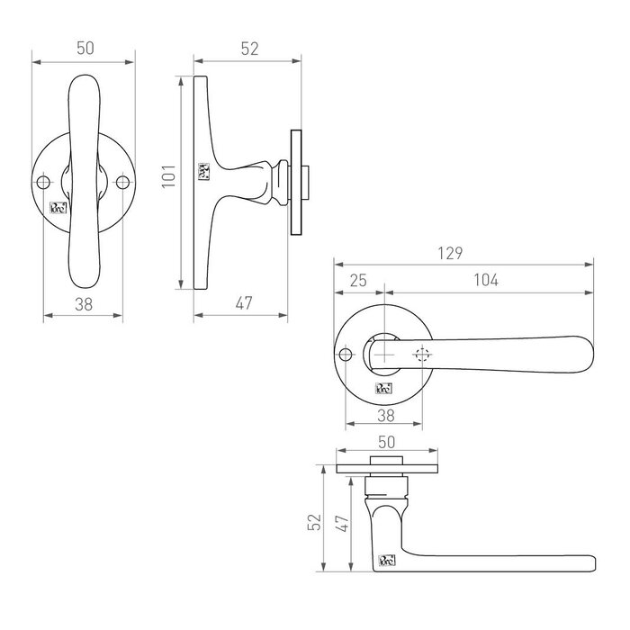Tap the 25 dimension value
point(357,281)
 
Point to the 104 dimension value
point(484,281)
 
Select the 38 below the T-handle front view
point(83,304)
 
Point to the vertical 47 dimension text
point(340,522)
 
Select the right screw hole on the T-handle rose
point(122,183)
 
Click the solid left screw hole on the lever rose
point(346,355)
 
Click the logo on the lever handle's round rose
point(384,389)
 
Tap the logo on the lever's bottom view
point(384,562)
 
